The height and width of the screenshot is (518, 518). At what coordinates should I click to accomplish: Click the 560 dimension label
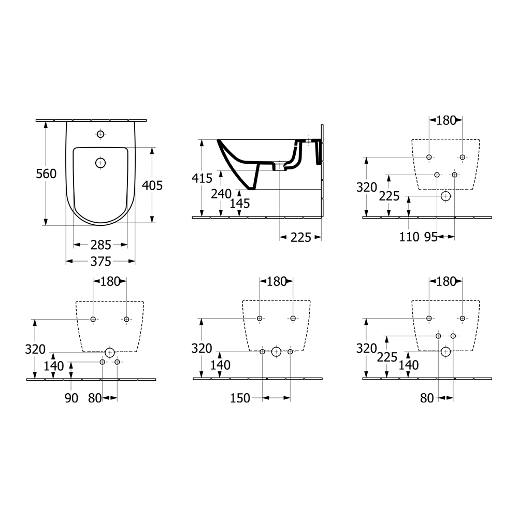point(46,174)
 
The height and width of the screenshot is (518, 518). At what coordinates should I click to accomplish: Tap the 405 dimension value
point(152,185)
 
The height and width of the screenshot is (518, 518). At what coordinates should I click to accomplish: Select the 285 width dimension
point(101,245)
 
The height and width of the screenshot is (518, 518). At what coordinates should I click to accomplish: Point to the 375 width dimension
point(101,262)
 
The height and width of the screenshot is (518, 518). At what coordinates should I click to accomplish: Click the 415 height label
point(202,178)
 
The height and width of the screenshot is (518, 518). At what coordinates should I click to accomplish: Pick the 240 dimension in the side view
point(221,194)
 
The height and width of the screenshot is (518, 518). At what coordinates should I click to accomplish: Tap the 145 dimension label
point(240,204)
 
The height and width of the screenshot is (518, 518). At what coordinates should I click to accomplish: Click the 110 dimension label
point(409,237)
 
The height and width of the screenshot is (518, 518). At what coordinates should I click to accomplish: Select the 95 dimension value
point(431,237)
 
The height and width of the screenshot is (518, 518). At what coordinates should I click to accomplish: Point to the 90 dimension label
point(71,398)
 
